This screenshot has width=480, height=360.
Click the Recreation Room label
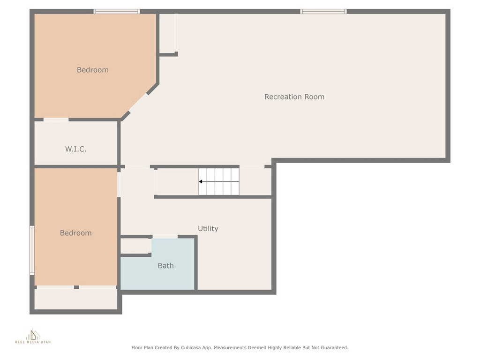point(294,97)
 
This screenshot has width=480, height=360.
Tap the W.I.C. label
point(75,149)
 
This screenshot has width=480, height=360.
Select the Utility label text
point(208,229)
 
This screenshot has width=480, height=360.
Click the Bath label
point(165,266)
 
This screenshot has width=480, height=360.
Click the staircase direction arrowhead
point(200,181)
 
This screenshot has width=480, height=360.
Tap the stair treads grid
point(218,181)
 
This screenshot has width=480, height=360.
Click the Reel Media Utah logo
point(33,336)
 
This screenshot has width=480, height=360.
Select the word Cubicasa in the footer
point(191,348)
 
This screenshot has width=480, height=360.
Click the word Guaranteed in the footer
point(334,348)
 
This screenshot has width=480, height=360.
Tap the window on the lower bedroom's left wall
point(32,250)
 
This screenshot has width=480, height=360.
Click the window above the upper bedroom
point(117,12)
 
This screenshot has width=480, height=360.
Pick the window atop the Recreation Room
point(323,12)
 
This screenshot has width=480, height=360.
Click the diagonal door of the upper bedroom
point(138,103)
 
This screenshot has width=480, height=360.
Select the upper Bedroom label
point(92,70)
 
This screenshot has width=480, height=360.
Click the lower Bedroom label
point(75,233)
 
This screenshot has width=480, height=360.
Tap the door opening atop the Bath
point(165,237)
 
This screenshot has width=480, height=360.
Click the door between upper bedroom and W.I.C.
point(56,120)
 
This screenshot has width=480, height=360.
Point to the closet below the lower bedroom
point(76,299)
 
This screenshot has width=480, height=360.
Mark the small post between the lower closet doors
point(76,287)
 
